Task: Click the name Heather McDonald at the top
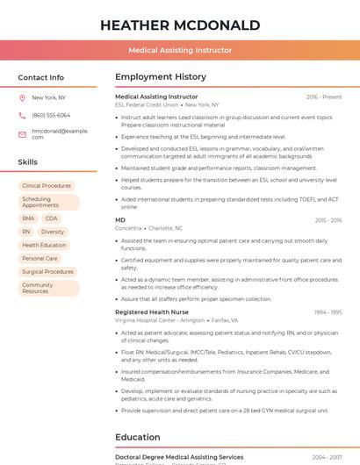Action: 179,25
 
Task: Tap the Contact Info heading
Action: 41,77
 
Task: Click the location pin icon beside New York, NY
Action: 22,97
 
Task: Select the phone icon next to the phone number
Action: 22,115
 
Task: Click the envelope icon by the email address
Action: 22,133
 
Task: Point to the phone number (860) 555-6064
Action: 51,115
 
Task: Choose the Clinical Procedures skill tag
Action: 47,186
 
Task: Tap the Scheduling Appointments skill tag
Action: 48,202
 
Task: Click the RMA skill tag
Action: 28,218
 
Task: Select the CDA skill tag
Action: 51,218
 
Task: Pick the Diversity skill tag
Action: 53,232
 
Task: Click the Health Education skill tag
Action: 44,245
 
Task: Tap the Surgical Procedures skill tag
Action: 47,272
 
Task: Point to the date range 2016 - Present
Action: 324,97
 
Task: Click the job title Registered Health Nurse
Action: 152,312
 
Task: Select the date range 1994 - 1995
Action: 328,312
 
